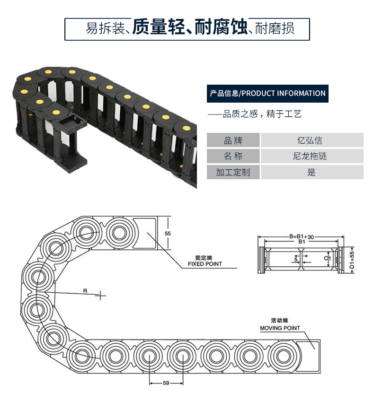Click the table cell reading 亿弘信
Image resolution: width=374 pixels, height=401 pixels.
pyautogui.click(x=312, y=140)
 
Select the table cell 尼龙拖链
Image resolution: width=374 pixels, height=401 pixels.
pyautogui.click(x=312, y=156)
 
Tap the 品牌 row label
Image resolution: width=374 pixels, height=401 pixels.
pyautogui.click(x=233, y=140)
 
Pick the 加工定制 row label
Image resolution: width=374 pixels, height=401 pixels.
pyautogui.click(x=233, y=172)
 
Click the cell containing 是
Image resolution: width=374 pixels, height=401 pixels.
pyautogui.click(x=312, y=172)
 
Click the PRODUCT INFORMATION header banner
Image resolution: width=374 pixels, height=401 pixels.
pyautogui.click(x=268, y=93)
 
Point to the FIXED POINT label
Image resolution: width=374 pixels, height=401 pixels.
pyautogui.click(x=205, y=263)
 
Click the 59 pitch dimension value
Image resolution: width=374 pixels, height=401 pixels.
pyautogui.click(x=166, y=383)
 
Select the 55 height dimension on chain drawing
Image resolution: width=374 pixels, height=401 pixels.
pyautogui.click(x=168, y=234)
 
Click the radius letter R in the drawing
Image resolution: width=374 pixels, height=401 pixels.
pyautogui.click(x=85, y=291)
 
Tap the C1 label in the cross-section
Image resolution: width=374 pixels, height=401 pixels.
pyautogui.click(x=327, y=259)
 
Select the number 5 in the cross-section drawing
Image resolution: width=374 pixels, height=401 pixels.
pyautogui.click(x=296, y=259)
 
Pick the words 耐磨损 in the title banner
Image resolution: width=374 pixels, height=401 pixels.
pyautogui.click(x=275, y=28)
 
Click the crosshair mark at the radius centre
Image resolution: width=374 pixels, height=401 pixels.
pyautogui.click(x=101, y=295)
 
